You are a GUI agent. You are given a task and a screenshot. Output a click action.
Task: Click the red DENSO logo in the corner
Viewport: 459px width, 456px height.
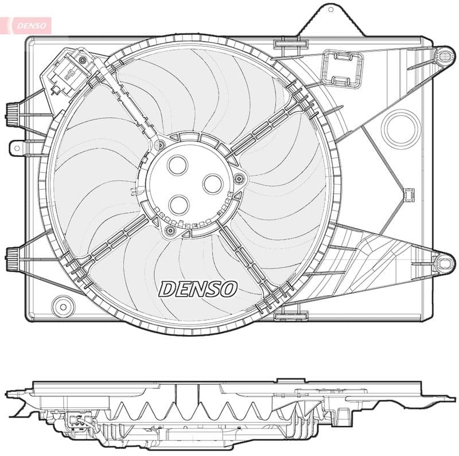point(26,25)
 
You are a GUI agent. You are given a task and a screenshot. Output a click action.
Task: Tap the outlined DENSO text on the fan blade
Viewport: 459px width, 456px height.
point(198,289)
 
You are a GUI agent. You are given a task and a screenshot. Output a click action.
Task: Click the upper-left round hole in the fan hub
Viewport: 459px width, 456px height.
point(178,165)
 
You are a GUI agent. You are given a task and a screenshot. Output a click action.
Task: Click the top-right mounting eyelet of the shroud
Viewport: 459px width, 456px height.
point(444,56)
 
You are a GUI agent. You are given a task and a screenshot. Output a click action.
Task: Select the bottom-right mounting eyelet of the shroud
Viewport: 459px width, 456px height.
point(444,263)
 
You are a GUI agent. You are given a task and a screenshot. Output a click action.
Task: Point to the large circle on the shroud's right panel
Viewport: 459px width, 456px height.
point(401,128)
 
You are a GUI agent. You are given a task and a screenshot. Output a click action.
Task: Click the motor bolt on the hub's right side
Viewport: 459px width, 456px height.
point(240,179)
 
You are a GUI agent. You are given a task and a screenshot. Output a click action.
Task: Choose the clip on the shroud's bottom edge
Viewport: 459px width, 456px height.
point(291,316)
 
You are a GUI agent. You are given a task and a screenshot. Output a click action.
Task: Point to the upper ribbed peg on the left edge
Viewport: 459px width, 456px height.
point(11,114)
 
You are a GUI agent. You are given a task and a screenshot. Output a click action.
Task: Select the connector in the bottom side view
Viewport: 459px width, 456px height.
point(76,422)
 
